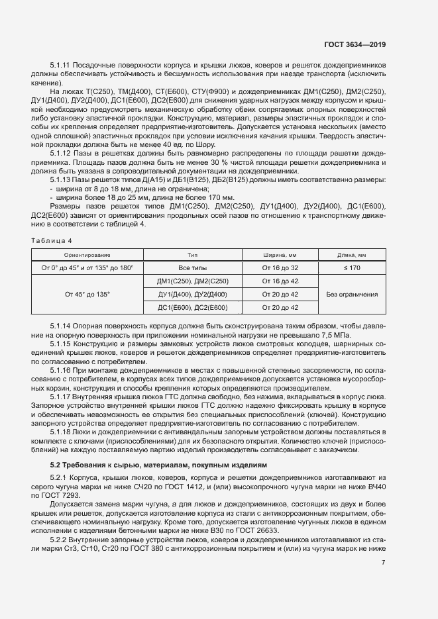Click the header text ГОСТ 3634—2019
coord(355,44)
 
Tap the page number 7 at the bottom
coord(384,562)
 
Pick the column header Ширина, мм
coord(280,254)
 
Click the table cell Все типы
coord(192,267)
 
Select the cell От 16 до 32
coord(280,267)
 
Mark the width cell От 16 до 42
coord(280,281)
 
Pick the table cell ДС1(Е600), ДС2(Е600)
coord(192,307)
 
